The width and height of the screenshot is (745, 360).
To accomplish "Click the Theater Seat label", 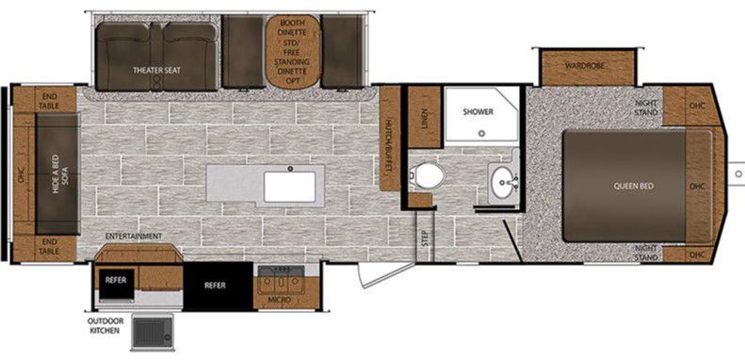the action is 156,71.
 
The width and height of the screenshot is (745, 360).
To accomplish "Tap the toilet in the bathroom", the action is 429,175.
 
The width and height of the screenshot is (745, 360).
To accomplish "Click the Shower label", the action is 478,112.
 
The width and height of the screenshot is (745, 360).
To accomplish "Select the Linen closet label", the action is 424,118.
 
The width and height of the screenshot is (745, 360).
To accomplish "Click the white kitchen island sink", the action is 290,187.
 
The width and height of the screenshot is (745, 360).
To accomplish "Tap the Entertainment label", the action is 134,236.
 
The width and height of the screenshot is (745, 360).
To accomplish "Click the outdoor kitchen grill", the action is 152,331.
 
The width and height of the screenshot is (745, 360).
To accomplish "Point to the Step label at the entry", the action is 424,238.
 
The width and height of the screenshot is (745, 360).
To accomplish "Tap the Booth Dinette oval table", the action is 293,52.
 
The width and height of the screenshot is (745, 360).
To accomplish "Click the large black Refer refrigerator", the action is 218,286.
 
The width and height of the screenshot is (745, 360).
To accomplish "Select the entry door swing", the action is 384,274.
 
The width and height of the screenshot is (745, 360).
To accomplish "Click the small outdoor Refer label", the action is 116,280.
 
